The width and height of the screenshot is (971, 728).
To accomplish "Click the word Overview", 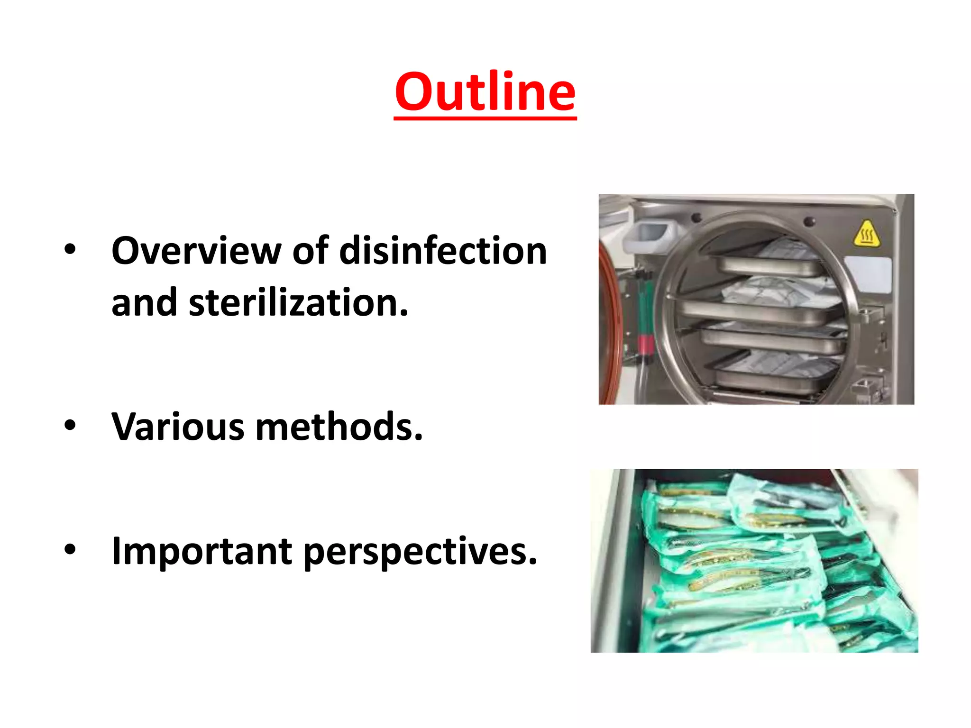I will pos(196,251).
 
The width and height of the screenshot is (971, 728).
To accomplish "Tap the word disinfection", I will pos(443,251).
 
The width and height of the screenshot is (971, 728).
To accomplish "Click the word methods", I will pos(339,427).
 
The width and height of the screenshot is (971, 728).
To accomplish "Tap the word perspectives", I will pos(420,552).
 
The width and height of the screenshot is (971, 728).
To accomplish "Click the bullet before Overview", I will pos(70,250).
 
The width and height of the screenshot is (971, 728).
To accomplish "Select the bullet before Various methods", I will pos(70,425).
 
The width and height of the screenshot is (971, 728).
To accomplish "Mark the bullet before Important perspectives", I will pos(70,549).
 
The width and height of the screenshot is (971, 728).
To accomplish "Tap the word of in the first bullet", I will pos(310,251).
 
